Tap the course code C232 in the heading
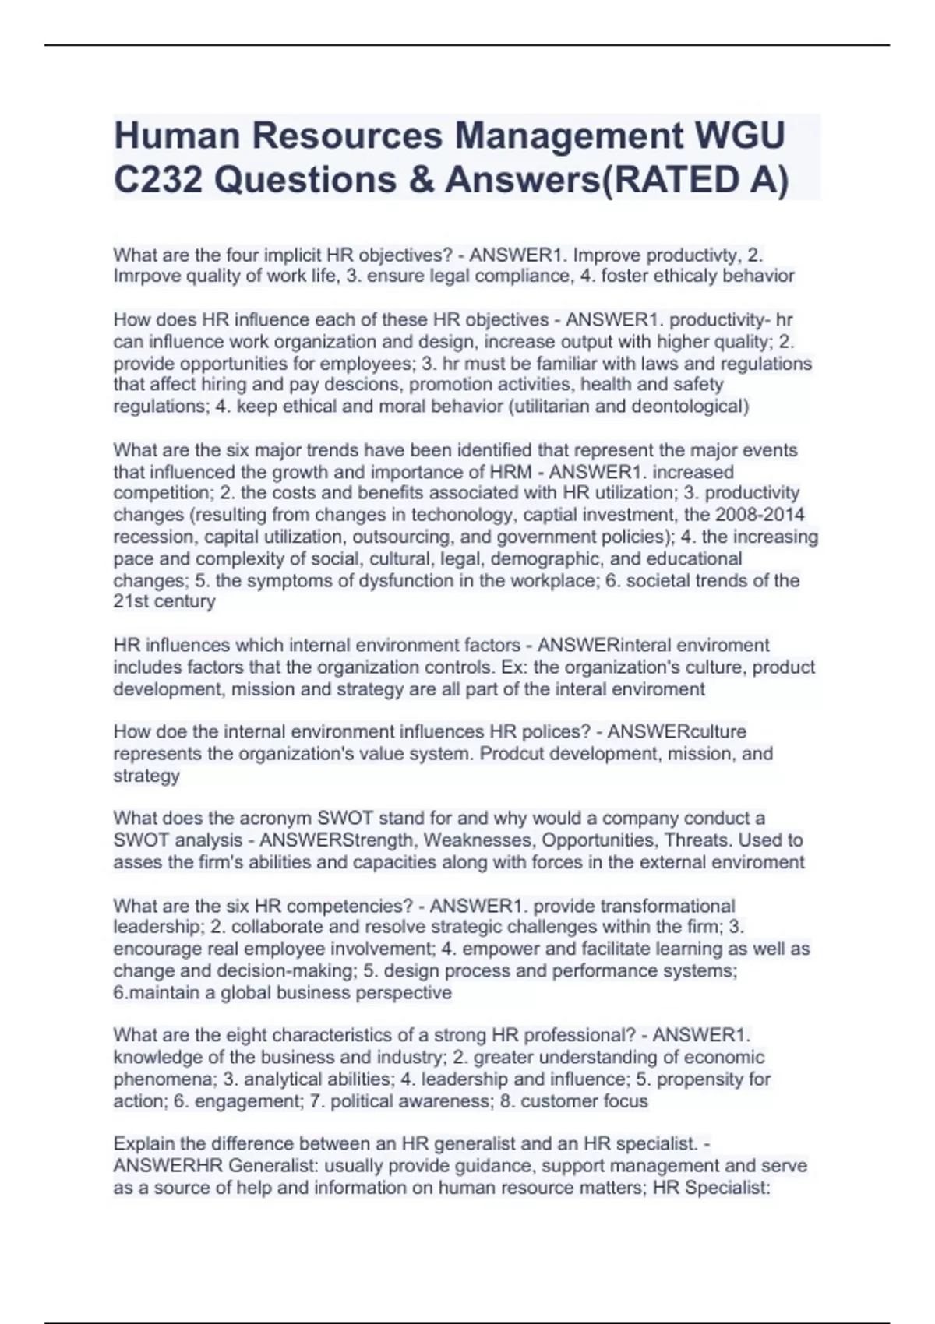(158, 180)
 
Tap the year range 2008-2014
(760, 515)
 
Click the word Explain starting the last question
(144, 1144)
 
